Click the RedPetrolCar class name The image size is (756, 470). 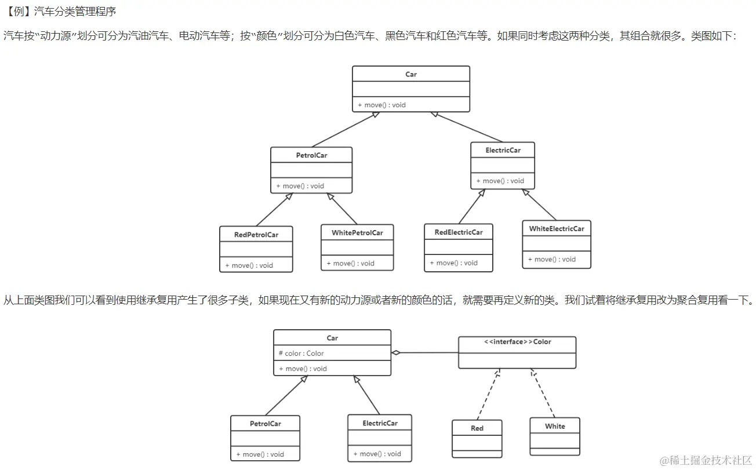click(256, 235)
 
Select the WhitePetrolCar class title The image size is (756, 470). click(357, 233)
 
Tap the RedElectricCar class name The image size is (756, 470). click(459, 232)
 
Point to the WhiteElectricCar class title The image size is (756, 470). click(557, 229)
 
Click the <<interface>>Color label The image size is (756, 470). click(517, 342)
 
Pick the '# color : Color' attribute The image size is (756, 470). click(301, 354)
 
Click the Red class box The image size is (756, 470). click(477, 438)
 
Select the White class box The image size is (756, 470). click(555, 436)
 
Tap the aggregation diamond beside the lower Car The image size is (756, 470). click(396, 352)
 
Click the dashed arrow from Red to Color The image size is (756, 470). click(488, 394)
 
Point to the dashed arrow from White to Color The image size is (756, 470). click(543, 393)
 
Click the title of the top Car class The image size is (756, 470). click(411, 74)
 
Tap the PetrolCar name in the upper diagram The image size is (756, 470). click(311, 155)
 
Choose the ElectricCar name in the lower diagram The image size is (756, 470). click(380, 424)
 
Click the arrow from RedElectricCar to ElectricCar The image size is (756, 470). click(471, 206)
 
